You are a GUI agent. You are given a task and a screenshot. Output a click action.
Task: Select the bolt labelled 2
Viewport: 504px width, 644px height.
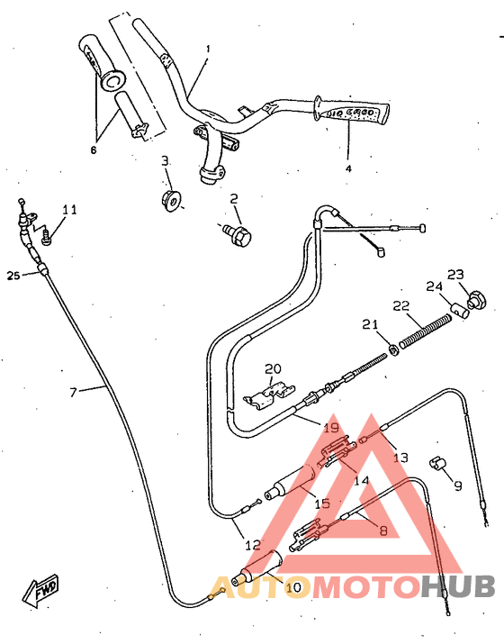(240, 233)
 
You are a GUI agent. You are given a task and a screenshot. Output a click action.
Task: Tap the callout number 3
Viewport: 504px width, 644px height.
(165, 160)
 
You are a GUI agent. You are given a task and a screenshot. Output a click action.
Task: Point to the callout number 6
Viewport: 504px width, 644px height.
(93, 150)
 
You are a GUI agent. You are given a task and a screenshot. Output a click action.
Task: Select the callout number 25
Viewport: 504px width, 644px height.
(13, 275)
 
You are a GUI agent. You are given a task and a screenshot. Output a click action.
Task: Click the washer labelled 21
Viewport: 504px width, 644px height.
(395, 348)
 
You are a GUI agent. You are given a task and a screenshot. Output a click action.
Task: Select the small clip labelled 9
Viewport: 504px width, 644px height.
(438, 463)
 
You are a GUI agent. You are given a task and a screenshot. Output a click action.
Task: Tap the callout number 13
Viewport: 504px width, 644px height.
(400, 458)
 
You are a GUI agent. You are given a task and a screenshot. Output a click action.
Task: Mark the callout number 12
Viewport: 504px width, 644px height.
(253, 545)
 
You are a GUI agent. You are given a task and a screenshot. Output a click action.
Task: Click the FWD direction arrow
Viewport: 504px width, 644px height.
(43, 589)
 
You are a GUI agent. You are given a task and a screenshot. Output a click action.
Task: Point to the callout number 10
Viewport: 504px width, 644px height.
(293, 588)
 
